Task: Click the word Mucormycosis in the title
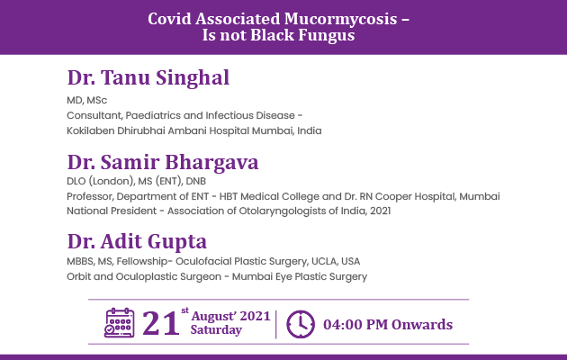(340, 20)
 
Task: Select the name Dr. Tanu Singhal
(148, 77)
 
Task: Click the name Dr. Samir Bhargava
(163, 162)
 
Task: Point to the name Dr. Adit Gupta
(137, 242)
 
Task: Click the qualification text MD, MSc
(86, 100)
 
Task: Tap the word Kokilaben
(90, 130)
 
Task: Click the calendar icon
(120, 323)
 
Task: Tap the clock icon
(301, 324)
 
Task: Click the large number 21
(161, 323)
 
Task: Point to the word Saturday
(216, 330)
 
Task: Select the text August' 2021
(230, 316)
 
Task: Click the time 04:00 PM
(355, 325)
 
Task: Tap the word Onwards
(422, 325)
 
